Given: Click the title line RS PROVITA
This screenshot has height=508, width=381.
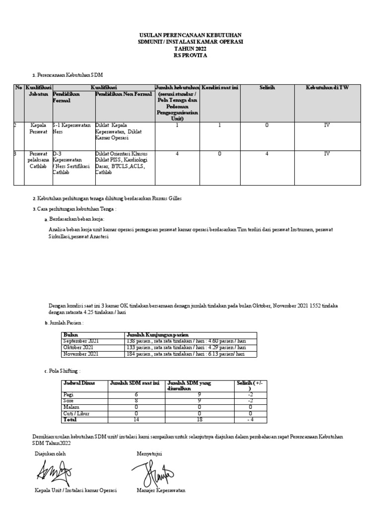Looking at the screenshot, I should (190, 56).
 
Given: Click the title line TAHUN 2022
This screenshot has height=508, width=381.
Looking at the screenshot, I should (190, 49).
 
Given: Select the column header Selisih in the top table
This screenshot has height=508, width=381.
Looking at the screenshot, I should (267, 88).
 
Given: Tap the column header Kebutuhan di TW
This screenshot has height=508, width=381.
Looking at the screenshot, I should (327, 88).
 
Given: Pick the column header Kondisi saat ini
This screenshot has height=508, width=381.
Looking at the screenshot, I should (220, 88).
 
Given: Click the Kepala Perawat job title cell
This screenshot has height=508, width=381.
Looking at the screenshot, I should (38, 129).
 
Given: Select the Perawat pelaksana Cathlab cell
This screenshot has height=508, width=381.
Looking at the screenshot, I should (38, 160).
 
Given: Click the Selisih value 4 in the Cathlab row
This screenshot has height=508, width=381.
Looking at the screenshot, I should (267, 154).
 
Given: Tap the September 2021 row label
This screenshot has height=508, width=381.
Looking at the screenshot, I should (81, 342).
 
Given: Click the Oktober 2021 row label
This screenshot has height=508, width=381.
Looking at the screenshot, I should (78, 348).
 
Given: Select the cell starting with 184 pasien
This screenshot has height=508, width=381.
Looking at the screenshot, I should (186, 354).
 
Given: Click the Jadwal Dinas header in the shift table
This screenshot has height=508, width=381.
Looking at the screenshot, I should (79, 383).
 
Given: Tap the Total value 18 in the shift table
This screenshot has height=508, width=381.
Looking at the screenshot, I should (199, 420).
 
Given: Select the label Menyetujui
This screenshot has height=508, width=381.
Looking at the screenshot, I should (149, 453).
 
